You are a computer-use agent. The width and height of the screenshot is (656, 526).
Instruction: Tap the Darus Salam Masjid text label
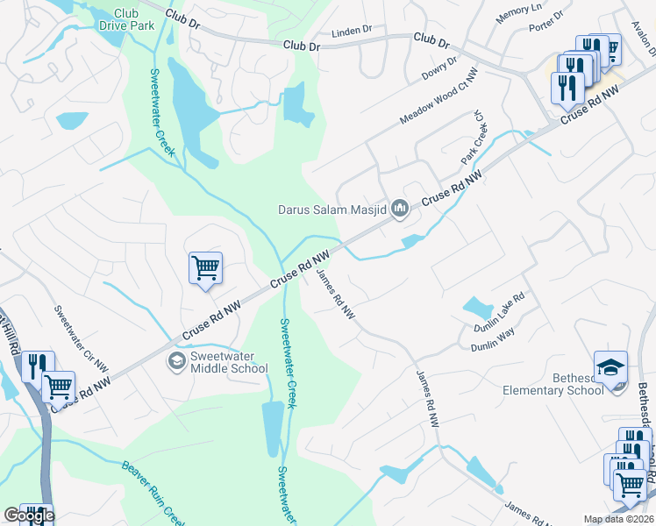[332, 210]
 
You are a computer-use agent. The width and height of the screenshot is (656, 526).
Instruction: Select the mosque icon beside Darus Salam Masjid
[401, 208]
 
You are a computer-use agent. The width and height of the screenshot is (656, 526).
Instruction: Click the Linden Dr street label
[353, 32]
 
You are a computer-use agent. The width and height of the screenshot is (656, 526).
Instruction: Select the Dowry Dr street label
[440, 69]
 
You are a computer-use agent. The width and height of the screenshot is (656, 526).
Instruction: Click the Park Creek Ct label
[474, 138]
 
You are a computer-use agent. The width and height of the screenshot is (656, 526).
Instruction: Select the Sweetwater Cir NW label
[81, 338]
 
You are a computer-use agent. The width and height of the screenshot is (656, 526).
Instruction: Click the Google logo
[29, 515]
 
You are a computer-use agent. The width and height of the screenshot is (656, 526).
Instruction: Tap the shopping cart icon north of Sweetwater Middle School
[205, 267]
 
